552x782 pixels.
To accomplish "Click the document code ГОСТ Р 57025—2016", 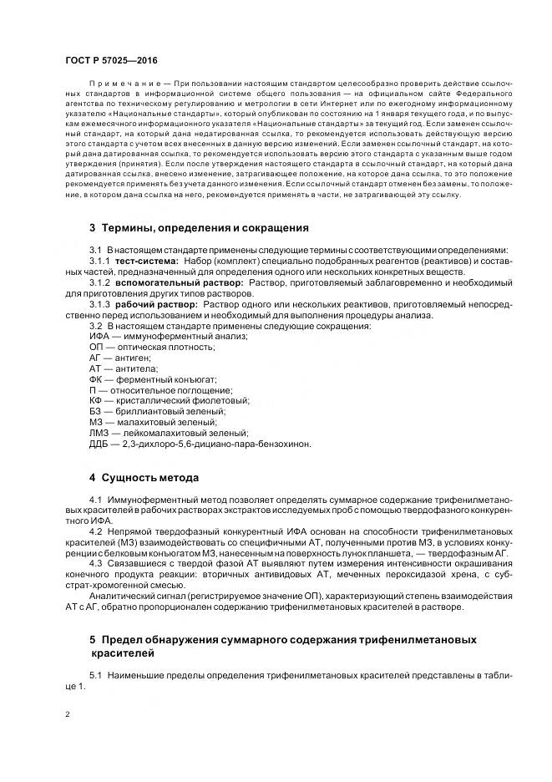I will [x=111, y=61].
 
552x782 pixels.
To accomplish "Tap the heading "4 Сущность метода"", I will [x=144, y=478].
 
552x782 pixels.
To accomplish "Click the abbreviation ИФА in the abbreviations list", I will [x=99, y=336].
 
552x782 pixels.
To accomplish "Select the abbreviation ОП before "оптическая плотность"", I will [x=96, y=347].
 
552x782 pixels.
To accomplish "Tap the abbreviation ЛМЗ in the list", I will [x=100, y=433].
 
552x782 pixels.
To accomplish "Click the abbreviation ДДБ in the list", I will [x=99, y=444].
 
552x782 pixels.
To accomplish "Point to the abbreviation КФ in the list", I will [x=96, y=400].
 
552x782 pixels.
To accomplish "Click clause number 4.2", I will [x=96, y=531].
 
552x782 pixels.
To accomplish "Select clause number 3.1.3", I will [x=100, y=305].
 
